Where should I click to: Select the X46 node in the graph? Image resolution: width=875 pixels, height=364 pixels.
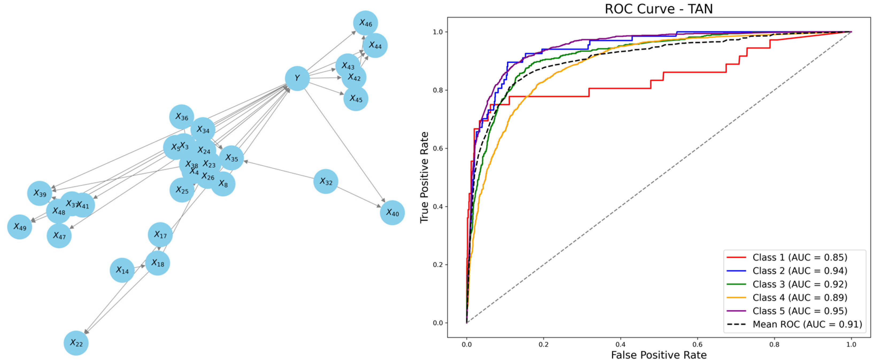pyautogui.click(x=365, y=23)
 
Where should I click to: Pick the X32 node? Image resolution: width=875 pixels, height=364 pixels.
pyautogui.click(x=325, y=181)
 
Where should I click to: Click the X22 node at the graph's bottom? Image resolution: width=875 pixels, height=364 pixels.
pyautogui.click(x=76, y=343)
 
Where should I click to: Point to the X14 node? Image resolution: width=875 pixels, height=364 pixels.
pyautogui.click(x=122, y=270)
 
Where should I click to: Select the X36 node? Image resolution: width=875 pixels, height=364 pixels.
pyautogui.click(x=182, y=117)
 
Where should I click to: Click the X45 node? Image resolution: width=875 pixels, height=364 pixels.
pyautogui.click(x=356, y=99)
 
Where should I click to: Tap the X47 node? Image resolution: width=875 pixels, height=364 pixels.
pyautogui.click(x=59, y=236)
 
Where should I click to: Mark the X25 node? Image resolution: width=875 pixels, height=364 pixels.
pyautogui.click(x=182, y=190)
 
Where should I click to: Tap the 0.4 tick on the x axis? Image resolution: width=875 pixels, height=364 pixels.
pyautogui.click(x=620, y=345)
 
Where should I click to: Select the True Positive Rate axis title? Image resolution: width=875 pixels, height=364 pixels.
pyautogui.click(x=424, y=177)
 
